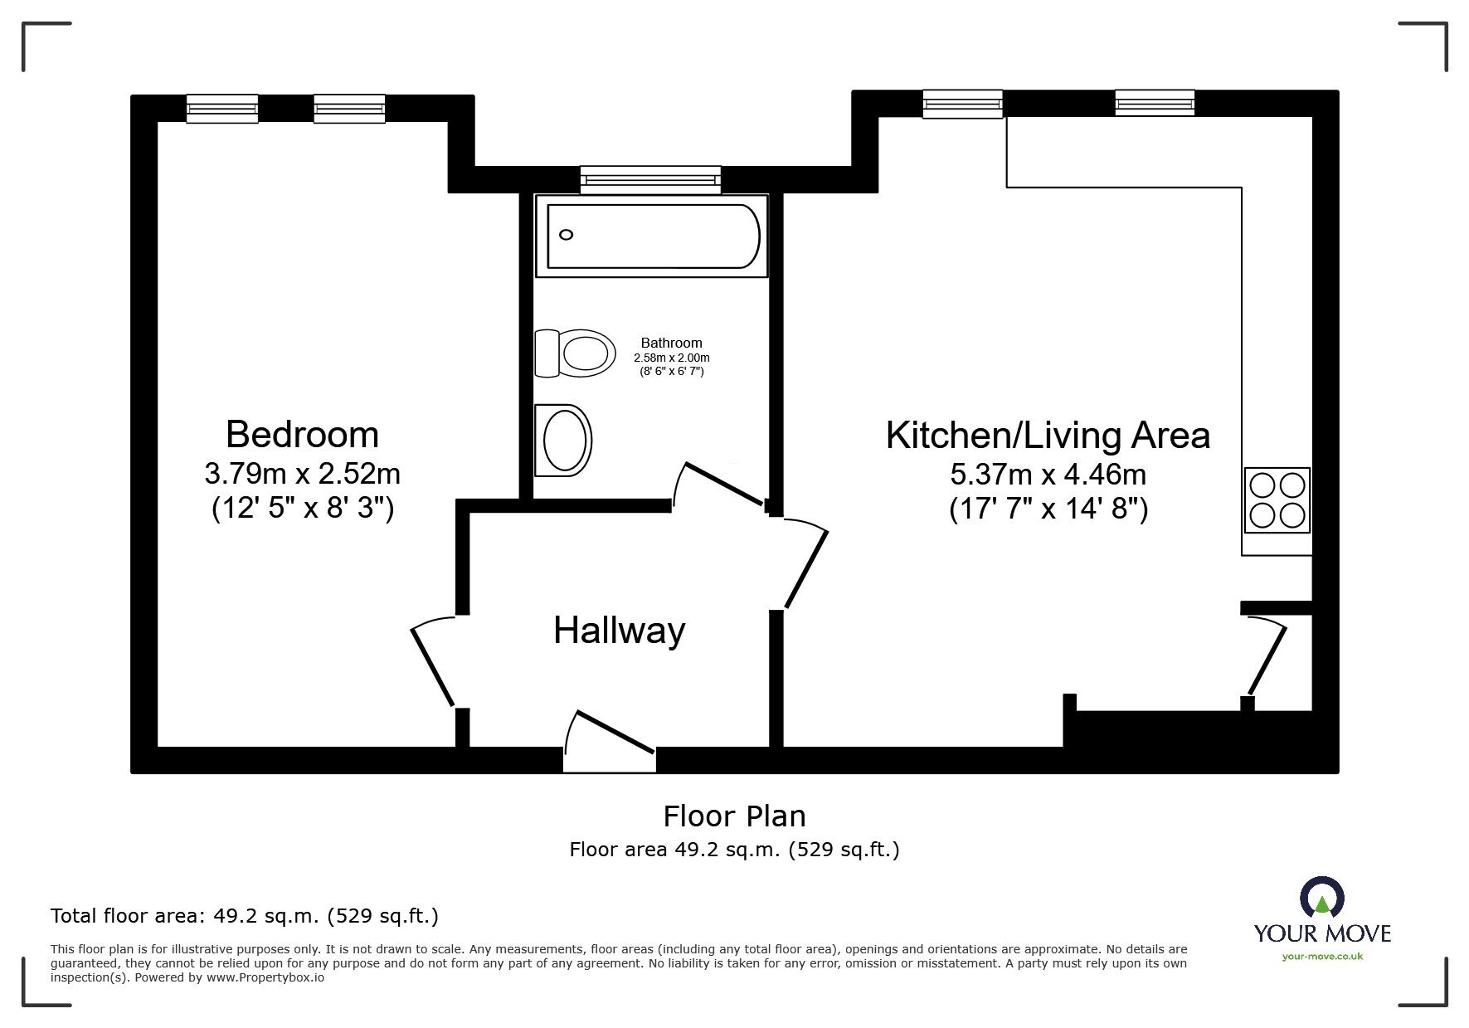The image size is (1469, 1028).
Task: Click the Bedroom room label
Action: [302, 435]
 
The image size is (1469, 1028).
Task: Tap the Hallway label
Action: [620, 631]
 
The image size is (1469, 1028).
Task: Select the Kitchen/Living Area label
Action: [1048, 436]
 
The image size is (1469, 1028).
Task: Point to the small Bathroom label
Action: [671, 343]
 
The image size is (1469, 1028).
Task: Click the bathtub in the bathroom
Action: [652, 236]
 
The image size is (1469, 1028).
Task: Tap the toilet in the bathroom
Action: [575, 353]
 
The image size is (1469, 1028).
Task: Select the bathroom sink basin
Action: [563, 440]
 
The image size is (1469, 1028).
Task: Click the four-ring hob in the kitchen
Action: [1277, 500]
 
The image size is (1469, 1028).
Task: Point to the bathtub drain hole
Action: [567, 235]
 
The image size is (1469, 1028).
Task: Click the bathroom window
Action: [650, 179]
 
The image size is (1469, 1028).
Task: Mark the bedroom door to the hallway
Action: [434, 662]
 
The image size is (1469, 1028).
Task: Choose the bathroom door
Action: [718, 484]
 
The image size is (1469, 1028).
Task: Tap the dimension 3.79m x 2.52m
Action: [302, 474]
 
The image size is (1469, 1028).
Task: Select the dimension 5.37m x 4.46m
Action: [1048, 475]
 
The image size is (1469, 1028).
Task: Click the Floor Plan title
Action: [734, 816]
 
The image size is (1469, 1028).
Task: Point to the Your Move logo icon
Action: [1322, 897]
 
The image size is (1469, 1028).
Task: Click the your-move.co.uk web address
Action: [1322, 957]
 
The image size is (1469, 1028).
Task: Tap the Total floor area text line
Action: [245, 916]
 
